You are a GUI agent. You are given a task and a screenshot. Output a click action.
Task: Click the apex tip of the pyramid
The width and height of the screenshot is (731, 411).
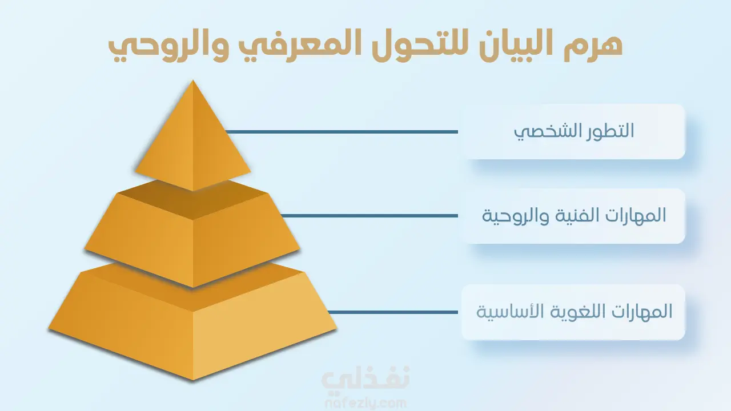[x=193, y=80]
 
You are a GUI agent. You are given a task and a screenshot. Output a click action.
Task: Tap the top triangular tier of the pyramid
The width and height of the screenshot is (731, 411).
[x=193, y=143]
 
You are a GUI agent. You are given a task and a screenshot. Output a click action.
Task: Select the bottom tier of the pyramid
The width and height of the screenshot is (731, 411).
[x=192, y=326]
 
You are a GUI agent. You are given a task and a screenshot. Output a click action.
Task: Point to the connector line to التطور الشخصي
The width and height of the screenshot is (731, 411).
[x=342, y=132]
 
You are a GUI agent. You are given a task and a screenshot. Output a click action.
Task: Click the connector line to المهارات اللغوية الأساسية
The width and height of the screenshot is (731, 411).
[x=393, y=312]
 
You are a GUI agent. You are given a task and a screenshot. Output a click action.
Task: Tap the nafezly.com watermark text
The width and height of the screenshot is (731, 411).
[x=365, y=403]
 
